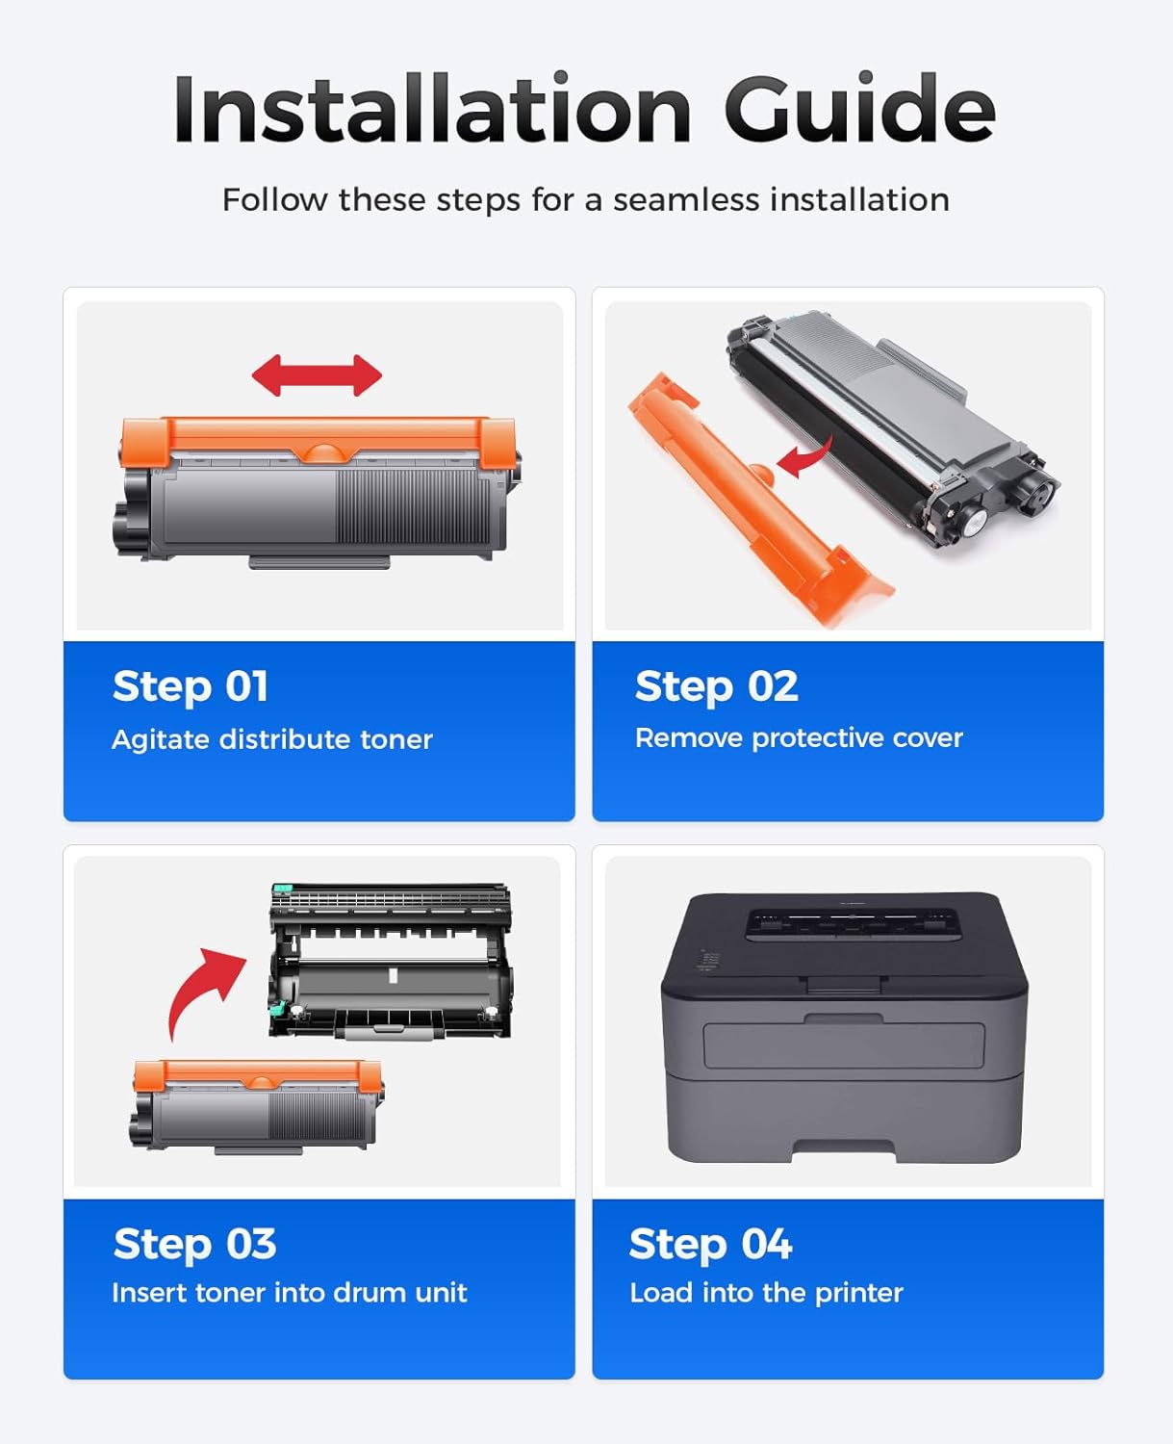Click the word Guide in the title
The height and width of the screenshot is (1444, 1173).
click(x=859, y=110)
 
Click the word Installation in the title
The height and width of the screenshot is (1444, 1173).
click(x=432, y=110)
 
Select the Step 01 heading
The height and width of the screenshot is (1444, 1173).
click(x=191, y=687)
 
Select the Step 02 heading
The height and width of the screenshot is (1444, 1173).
click(x=717, y=687)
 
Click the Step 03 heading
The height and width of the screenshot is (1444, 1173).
click(x=195, y=1244)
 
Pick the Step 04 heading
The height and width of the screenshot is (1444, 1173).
click(x=711, y=1244)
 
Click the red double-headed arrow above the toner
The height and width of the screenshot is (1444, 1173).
click(x=317, y=375)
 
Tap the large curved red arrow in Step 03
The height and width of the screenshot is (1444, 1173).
click(x=203, y=987)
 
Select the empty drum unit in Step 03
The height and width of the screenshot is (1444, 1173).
click(x=390, y=963)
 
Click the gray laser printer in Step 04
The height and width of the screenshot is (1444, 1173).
click(x=844, y=1025)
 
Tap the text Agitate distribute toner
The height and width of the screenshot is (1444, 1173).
click(x=272, y=739)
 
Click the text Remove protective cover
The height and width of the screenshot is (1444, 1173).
click(x=799, y=738)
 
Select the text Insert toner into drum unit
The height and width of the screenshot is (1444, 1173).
click(x=290, y=1293)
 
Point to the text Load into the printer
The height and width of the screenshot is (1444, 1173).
click(x=766, y=1293)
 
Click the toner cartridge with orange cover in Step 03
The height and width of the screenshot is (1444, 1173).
click(x=257, y=1105)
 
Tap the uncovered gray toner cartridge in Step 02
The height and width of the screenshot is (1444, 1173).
click(x=890, y=424)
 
